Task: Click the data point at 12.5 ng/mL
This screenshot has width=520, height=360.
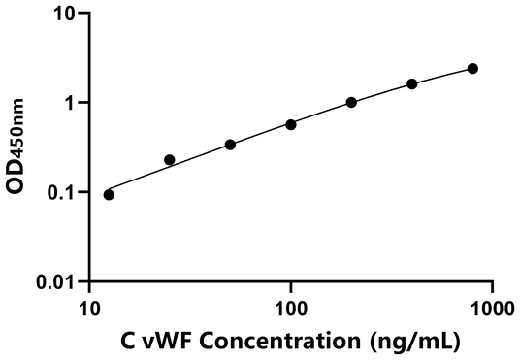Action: click(x=109, y=194)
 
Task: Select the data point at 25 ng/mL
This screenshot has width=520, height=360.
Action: click(x=170, y=159)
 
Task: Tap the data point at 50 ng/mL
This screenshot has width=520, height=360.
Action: click(x=230, y=145)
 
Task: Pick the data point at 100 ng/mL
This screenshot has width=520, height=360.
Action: click(x=291, y=124)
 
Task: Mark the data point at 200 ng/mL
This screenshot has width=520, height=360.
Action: click(x=351, y=102)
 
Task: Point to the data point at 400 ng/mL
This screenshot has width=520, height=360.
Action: click(x=412, y=83)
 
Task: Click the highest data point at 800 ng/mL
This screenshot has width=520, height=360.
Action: click(x=472, y=68)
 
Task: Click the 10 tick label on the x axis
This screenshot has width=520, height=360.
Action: click(x=89, y=306)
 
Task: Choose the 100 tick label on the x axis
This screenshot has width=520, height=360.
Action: click(x=290, y=306)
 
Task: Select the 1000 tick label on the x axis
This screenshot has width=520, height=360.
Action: click(x=491, y=306)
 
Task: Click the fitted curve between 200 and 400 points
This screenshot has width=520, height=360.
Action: click(x=382, y=91)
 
